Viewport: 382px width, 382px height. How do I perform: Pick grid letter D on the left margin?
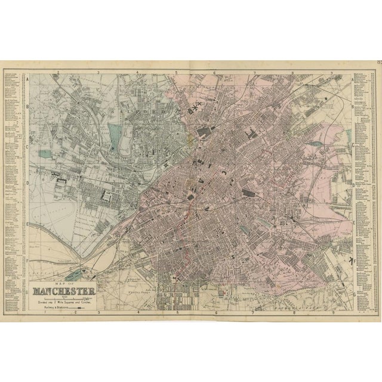point(27,184)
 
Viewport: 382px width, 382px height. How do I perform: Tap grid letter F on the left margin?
point(27,261)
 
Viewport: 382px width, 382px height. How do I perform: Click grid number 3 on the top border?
point(98,73)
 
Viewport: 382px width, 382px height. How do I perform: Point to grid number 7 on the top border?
point(254,73)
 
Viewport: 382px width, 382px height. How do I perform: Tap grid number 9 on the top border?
point(332,73)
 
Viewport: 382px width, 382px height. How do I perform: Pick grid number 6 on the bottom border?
point(215,312)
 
